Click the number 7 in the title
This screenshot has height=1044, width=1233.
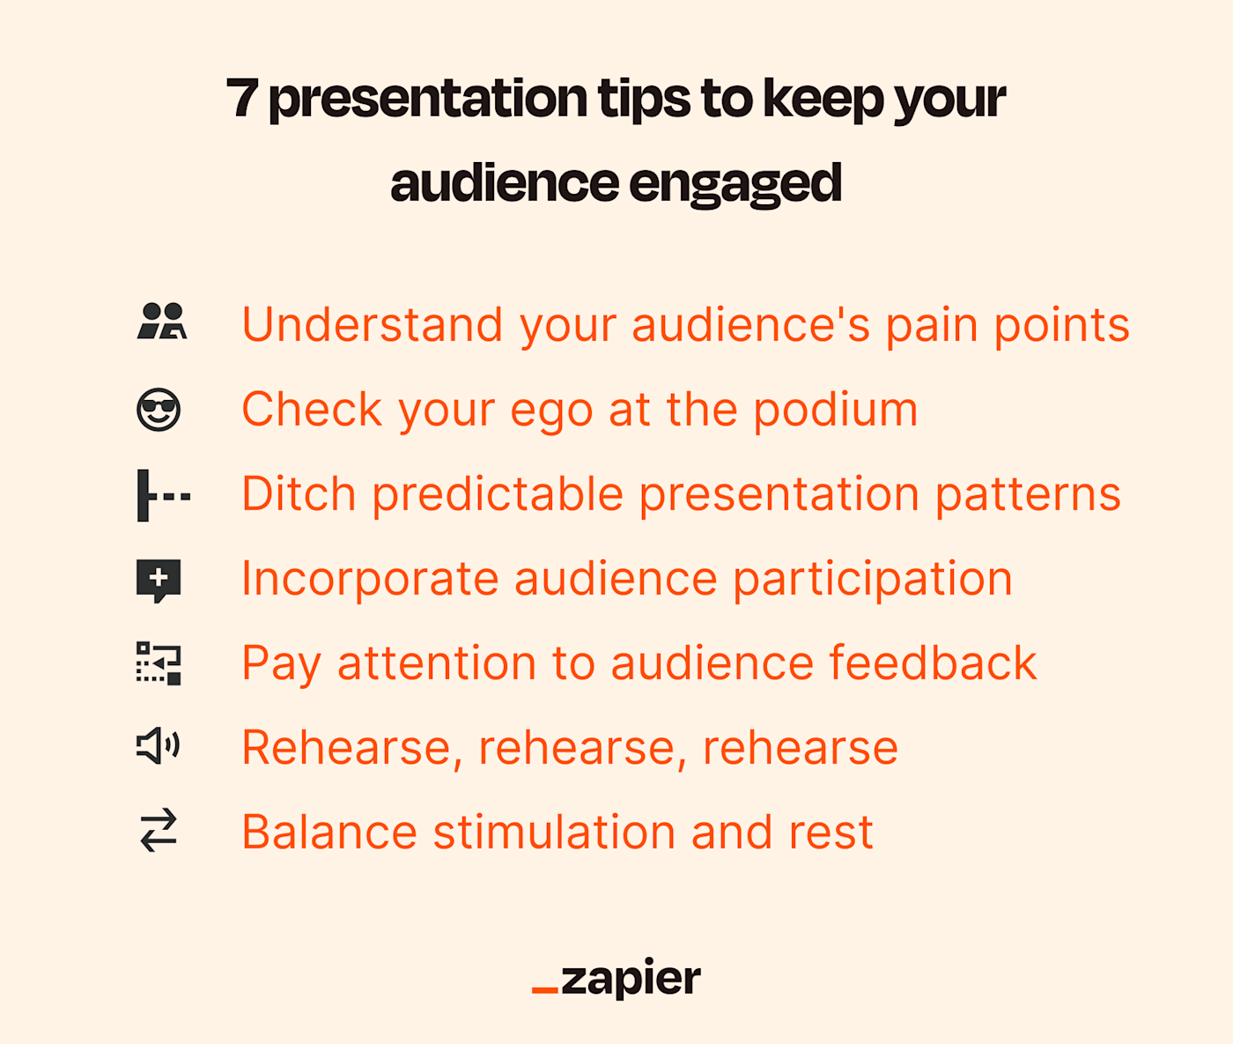[242, 99]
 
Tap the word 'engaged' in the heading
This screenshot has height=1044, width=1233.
[735, 185]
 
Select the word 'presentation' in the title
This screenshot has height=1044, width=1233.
[428, 100]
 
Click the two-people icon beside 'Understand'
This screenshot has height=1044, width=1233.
[162, 321]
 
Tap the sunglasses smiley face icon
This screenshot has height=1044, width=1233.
[158, 410]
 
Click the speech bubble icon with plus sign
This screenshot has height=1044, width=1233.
[158, 581]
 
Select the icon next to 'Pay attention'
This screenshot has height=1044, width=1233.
[158, 663]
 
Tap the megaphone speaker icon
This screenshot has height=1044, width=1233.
[158, 745]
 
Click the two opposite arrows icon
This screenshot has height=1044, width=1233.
[159, 830]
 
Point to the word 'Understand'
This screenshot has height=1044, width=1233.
[373, 325]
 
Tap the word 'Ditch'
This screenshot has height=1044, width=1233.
[299, 494]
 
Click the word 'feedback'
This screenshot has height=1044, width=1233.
[934, 663]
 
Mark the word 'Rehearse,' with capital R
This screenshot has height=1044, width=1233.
[352, 749]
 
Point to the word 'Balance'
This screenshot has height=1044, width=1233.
[330, 832]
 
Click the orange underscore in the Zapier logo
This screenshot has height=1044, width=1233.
[544, 990]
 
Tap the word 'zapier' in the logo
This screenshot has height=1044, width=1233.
[631, 980]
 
